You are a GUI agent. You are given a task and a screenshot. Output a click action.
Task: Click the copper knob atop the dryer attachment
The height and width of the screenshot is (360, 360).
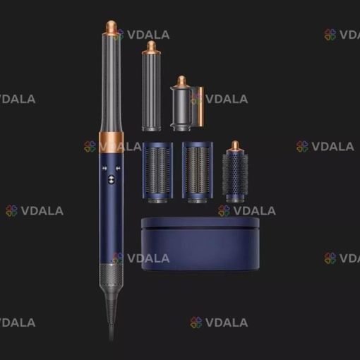pos(181,80)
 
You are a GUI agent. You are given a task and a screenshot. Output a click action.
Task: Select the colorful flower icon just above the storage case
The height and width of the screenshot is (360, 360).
pos(224,210)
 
